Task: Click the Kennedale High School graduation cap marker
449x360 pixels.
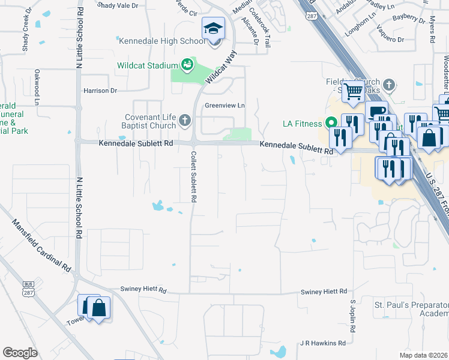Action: click(x=213, y=28)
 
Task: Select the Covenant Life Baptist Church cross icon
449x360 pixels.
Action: click(x=185, y=121)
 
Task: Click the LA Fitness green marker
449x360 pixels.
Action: click(x=330, y=124)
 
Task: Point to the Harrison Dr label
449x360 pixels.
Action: click(x=100, y=91)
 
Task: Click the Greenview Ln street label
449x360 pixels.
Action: click(x=226, y=106)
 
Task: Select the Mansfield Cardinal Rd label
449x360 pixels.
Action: click(x=41, y=245)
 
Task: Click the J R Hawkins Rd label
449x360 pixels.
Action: click(x=324, y=343)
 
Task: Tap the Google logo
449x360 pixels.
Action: click(x=20, y=353)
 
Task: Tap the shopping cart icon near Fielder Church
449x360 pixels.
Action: click(x=354, y=92)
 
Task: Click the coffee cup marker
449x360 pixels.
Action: click(x=376, y=110)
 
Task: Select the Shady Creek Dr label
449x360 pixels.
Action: click(x=26, y=38)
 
